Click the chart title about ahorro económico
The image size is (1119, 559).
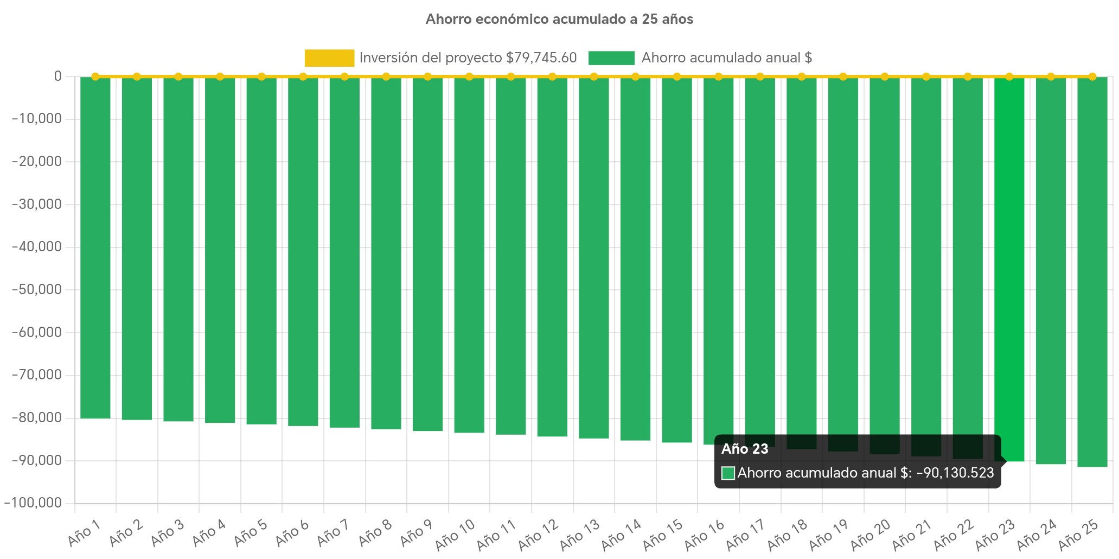click(x=559, y=20)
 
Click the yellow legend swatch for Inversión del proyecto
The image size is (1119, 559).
click(x=329, y=58)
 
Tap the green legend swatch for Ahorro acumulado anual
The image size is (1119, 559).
click(x=611, y=58)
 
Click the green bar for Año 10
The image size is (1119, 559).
click(x=469, y=255)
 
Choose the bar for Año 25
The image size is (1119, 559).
click(x=1092, y=271)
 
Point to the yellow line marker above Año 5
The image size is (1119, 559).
click(x=261, y=77)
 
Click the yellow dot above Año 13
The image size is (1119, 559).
click(x=594, y=77)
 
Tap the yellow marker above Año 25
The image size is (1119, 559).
click(x=1092, y=77)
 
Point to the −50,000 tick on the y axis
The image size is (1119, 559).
click(x=36, y=289)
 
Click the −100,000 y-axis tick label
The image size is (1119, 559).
click(x=33, y=503)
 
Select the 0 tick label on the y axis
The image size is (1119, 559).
click(x=57, y=76)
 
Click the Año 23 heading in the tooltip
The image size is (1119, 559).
click(x=745, y=449)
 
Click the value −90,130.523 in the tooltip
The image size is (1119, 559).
click(x=955, y=473)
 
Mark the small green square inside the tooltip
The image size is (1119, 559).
click(x=728, y=473)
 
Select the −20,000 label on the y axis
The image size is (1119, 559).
click(x=36, y=161)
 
